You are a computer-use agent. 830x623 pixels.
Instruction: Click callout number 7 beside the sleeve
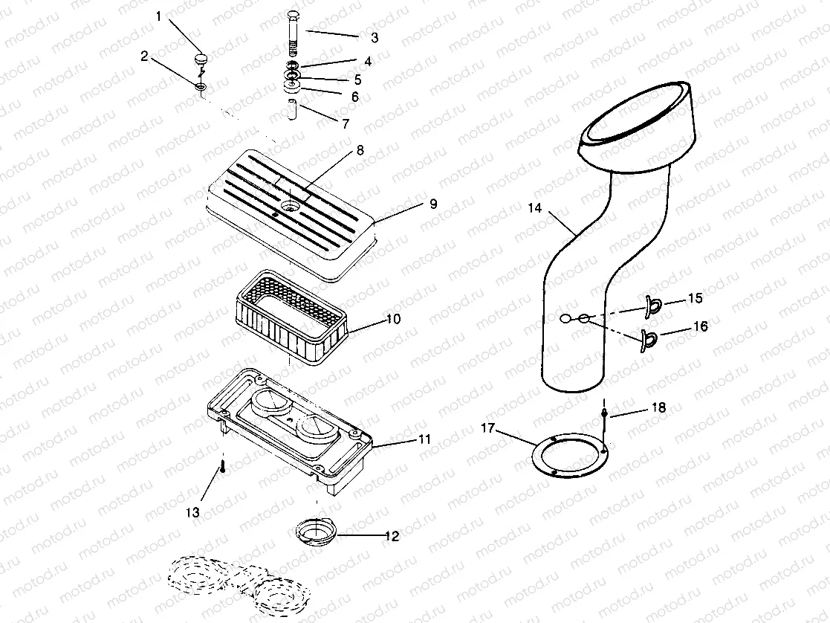(346, 124)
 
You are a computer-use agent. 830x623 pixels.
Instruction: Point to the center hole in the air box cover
(291, 202)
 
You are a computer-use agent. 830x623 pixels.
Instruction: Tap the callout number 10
(393, 319)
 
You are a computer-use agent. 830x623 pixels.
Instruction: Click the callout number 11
(424, 440)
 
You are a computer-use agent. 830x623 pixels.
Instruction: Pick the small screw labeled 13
(222, 468)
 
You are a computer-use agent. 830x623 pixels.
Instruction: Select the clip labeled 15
(654, 303)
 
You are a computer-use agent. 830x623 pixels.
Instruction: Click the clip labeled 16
(649, 338)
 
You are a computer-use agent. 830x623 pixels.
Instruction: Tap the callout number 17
(488, 427)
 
